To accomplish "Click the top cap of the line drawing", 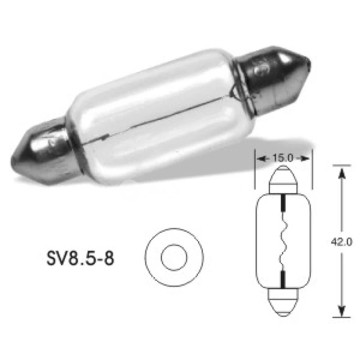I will point(283,178).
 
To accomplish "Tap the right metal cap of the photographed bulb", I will point(270,76).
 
